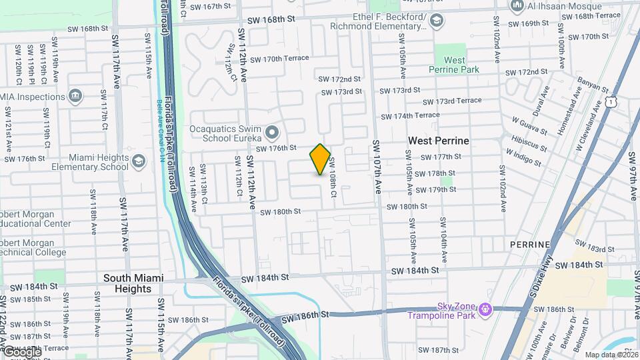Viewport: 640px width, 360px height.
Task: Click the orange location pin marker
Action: [x=320, y=159]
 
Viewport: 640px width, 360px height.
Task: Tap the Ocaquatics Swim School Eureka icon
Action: [x=271, y=131]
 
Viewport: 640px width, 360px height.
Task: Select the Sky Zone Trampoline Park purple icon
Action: [x=485, y=309]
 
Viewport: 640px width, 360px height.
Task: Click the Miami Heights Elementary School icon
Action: [x=138, y=161]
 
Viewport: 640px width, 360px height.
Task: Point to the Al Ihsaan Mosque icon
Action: [x=517, y=6]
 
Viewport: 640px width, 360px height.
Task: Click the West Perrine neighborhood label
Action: [x=438, y=141]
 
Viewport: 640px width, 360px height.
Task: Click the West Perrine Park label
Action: [x=455, y=65]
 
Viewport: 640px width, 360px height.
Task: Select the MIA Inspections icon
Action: [x=75, y=96]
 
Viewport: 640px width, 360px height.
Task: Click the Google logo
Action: [x=21, y=351]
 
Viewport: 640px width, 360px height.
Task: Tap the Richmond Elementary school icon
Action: [x=436, y=21]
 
